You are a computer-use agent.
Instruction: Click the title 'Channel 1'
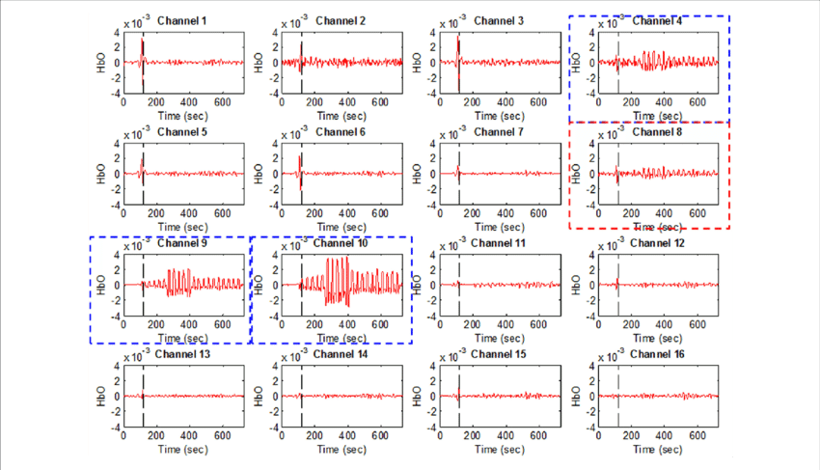(182, 20)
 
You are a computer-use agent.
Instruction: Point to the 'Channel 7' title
(499, 132)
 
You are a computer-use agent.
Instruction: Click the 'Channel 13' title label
(182, 354)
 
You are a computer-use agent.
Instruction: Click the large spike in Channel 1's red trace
(143, 48)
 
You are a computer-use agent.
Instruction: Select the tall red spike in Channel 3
(459, 48)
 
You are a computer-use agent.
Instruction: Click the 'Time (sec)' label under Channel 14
(342, 450)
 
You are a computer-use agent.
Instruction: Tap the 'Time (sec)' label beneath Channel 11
(501, 339)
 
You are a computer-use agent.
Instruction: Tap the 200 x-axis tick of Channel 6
(312, 213)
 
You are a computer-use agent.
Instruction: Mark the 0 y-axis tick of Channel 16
(592, 397)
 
